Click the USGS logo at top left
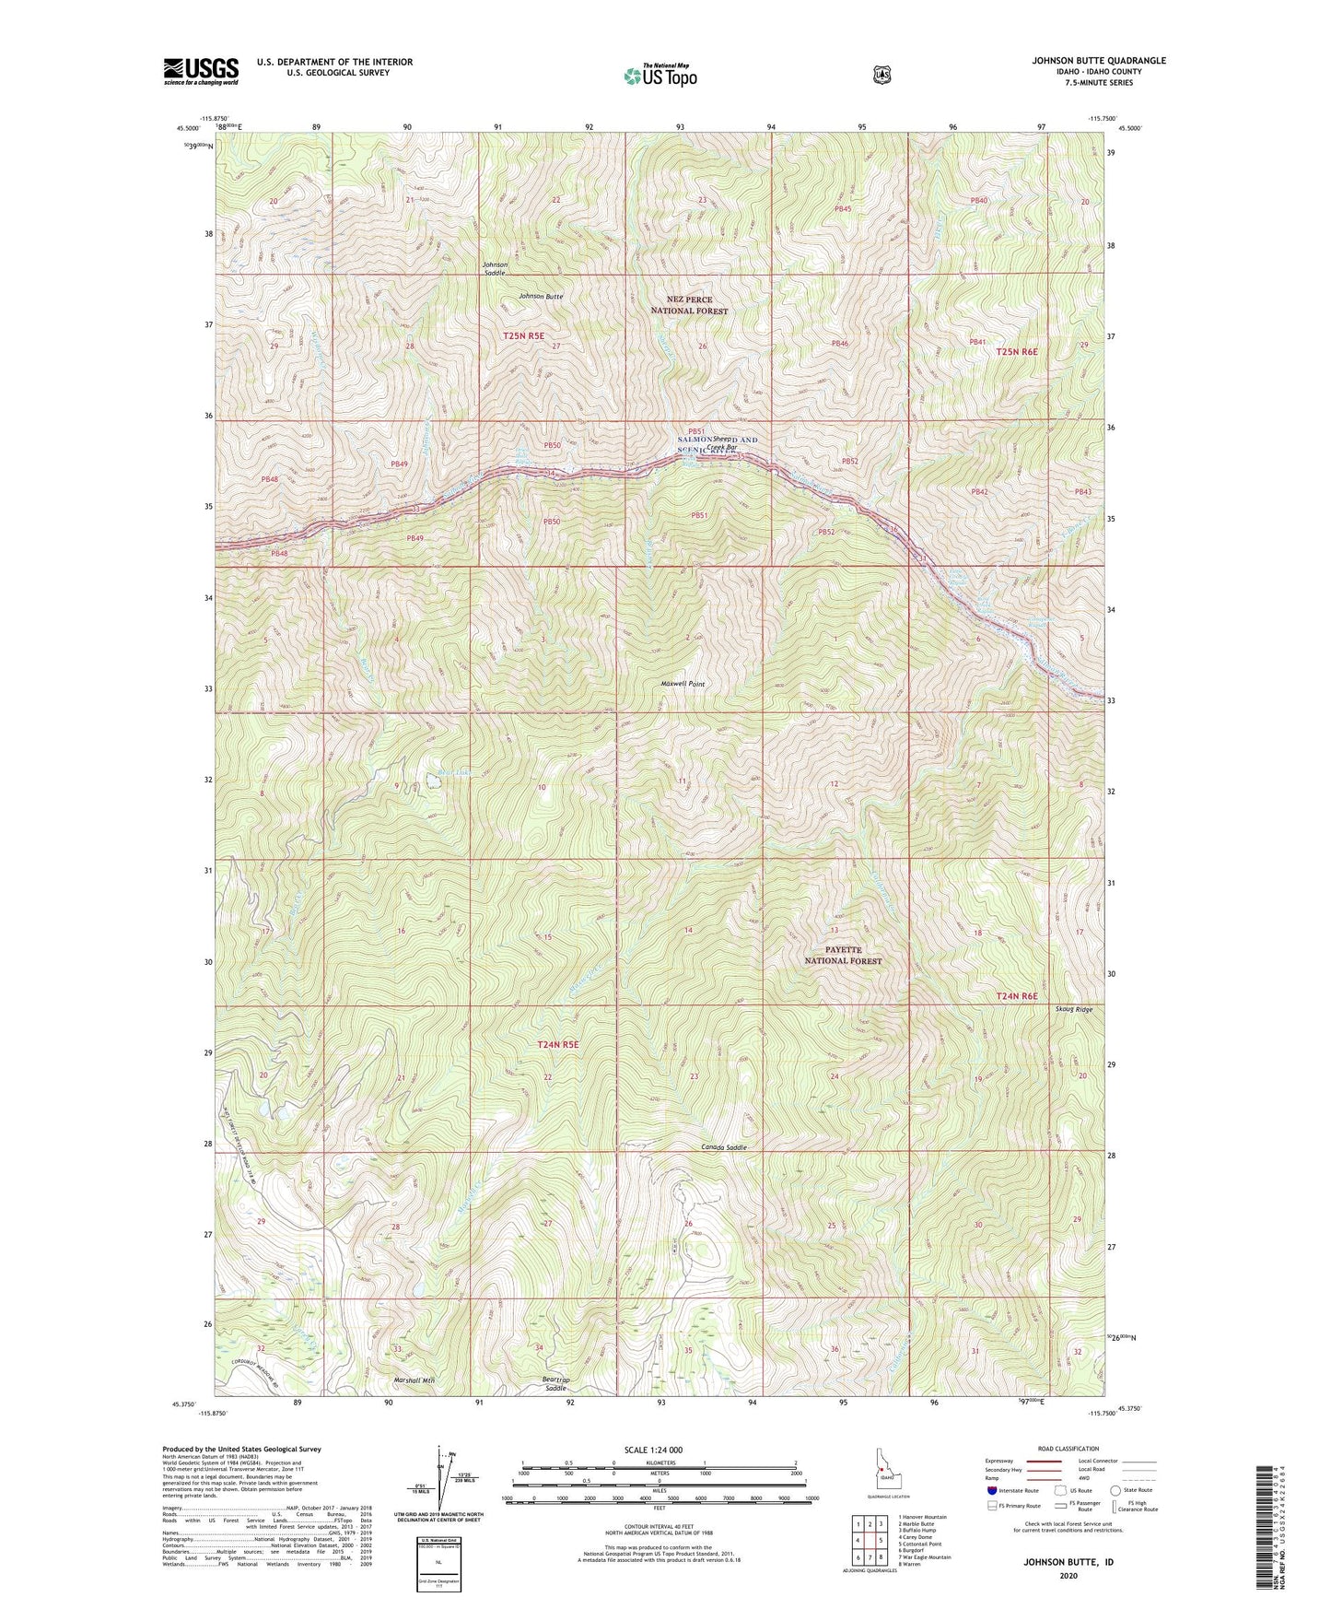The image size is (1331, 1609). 201,71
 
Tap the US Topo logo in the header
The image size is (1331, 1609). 659,76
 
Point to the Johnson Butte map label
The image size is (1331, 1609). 541,297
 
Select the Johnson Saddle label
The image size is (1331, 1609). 496,268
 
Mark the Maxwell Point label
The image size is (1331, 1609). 683,685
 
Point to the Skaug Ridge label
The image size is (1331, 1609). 1073,1010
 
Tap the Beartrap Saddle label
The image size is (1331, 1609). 555,1383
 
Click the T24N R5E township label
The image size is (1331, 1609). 558,1044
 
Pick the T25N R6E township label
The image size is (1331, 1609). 1017,352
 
